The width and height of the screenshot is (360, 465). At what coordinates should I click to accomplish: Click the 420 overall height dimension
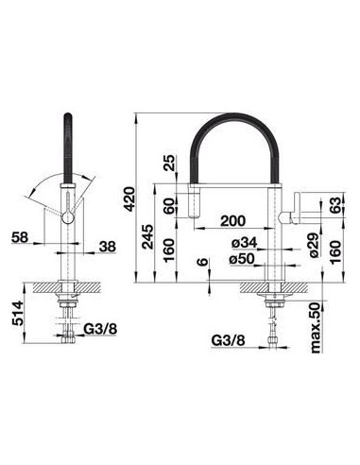tap(129, 198)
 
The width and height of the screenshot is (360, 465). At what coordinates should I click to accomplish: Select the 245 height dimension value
tap(147, 236)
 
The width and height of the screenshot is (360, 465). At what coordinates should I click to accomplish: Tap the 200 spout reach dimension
tap(232, 221)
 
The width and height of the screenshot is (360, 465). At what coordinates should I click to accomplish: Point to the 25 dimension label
tap(170, 163)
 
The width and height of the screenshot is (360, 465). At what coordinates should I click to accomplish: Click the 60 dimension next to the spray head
tap(170, 206)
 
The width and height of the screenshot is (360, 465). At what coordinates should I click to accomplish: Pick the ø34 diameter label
tap(245, 243)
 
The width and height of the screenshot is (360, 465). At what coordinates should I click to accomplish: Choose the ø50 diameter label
tap(242, 259)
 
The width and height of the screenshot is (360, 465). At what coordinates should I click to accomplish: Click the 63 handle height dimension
tap(335, 205)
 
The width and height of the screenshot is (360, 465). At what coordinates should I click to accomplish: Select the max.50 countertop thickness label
tap(316, 327)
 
